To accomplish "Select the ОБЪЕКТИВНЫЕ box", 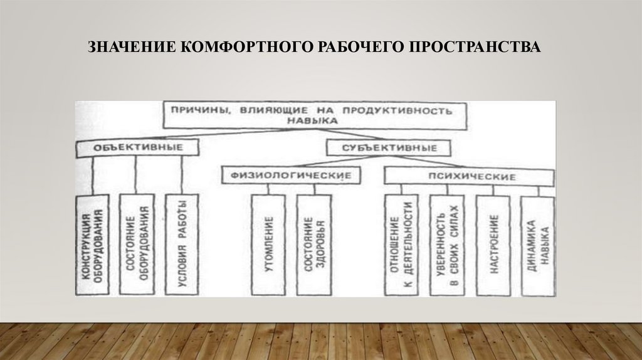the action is click(138, 147).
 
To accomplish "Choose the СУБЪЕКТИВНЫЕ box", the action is click(389, 149).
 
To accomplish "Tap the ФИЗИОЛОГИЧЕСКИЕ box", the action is click(293, 176).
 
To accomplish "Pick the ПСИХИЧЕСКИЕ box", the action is click(468, 177).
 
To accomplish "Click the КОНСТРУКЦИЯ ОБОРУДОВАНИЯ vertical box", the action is click(92, 245).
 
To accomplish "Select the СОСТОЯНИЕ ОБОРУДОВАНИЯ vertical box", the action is click(136, 245).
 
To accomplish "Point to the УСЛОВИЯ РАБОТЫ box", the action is click(181, 245).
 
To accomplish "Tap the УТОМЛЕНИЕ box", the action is click(268, 245).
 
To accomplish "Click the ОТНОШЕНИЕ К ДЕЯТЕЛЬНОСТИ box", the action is click(400, 246).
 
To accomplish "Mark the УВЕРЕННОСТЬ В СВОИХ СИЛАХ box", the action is click(446, 246).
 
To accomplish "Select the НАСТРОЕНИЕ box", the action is click(493, 246).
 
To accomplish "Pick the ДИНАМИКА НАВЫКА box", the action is click(537, 246).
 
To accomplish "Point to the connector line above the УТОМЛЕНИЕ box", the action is click(268, 189).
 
